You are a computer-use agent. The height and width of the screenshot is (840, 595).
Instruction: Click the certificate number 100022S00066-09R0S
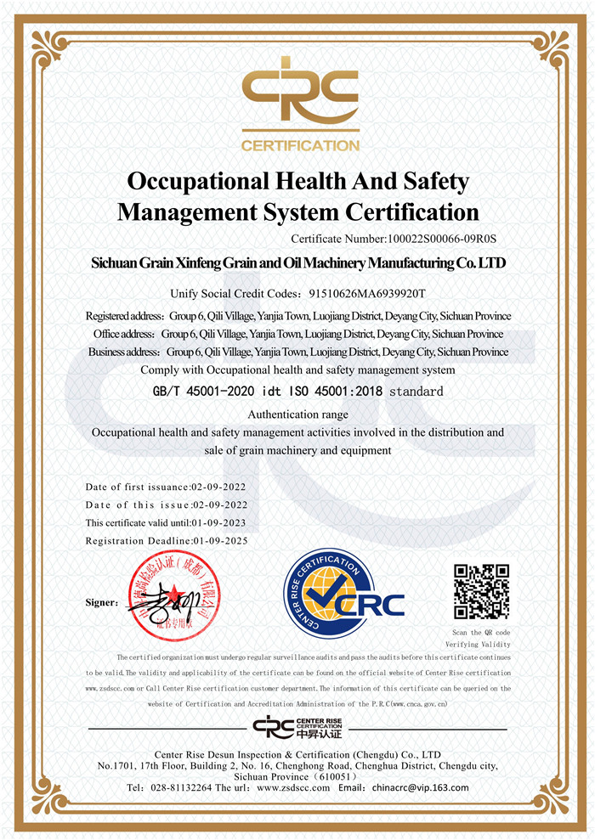(x=440, y=240)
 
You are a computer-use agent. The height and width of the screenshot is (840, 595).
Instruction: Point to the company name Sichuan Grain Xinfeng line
(x=298, y=263)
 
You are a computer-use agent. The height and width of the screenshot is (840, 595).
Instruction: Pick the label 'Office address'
(x=124, y=334)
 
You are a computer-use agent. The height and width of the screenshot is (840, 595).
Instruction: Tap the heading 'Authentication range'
(x=297, y=414)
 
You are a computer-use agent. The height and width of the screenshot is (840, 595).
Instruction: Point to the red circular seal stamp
(x=180, y=595)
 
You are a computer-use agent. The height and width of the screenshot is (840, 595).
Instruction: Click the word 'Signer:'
(x=103, y=603)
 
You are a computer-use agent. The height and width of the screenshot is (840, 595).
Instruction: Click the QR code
(x=481, y=591)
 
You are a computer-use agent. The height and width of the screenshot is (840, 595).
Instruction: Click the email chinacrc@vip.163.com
(x=420, y=787)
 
